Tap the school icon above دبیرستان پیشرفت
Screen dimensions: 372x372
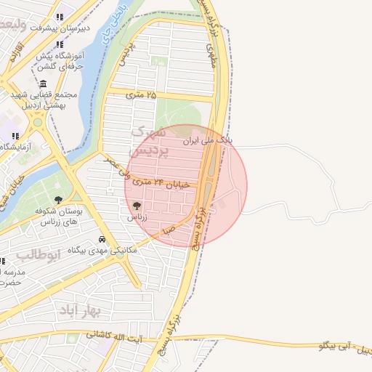pyautogui.click(x=60, y=16)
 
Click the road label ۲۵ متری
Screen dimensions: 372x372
pyautogui.click(x=141, y=94)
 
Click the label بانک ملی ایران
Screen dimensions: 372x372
pyautogui.click(x=208, y=138)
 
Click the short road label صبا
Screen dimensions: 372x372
pyautogui.click(x=169, y=230)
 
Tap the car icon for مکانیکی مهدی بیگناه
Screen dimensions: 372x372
pyautogui.click(x=102, y=239)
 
